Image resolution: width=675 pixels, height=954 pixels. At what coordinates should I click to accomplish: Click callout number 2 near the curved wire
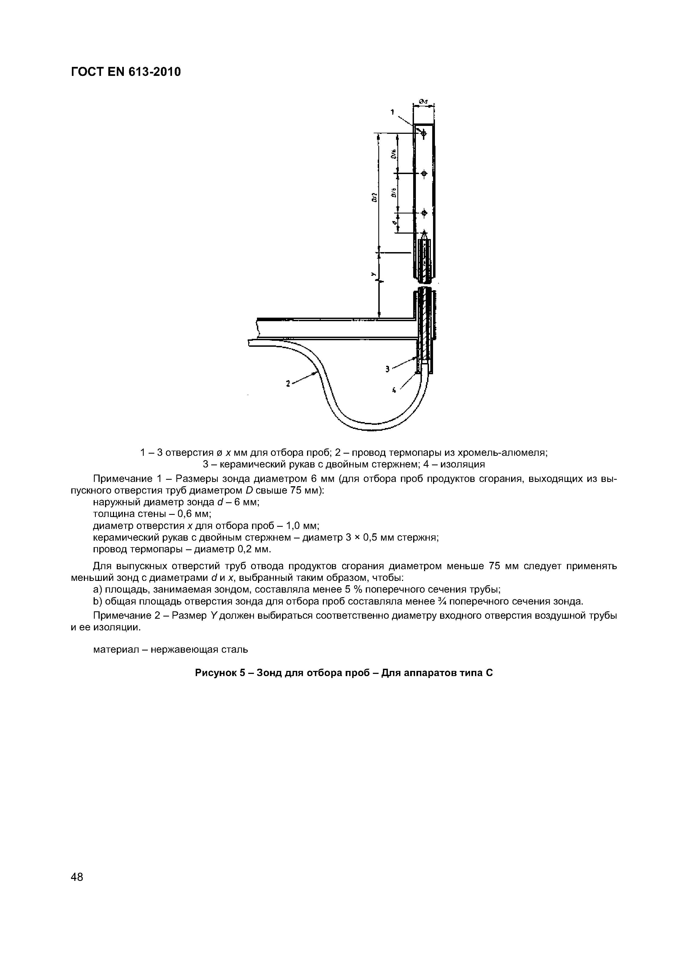[288, 384]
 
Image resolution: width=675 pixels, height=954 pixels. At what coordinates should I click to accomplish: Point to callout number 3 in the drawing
[388, 368]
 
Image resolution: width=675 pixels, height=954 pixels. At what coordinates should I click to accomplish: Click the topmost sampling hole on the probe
[424, 134]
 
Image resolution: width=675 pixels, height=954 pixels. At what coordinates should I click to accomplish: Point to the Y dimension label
[373, 274]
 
